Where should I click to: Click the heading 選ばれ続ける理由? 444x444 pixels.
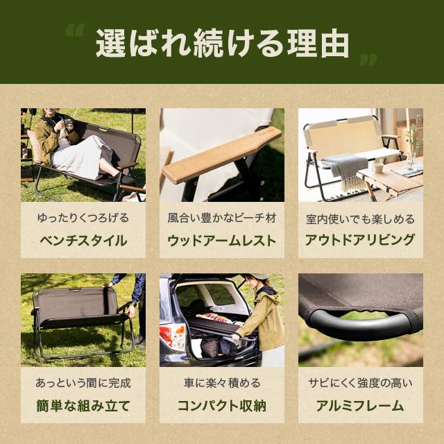click(x=222, y=43)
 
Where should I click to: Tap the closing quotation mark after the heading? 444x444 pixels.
click(x=368, y=60)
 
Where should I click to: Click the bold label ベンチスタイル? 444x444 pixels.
click(x=83, y=241)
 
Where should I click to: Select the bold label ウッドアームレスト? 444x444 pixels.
click(x=222, y=241)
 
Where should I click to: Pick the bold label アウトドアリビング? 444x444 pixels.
click(x=361, y=241)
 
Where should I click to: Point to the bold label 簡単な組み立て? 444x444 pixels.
click(x=83, y=406)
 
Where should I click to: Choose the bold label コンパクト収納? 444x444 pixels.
click(x=222, y=406)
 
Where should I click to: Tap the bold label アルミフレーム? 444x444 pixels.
click(x=361, y=406)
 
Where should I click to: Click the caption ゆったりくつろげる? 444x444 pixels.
click(x=83, y=218)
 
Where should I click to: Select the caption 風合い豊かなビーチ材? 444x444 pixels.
click(x=222, y=218)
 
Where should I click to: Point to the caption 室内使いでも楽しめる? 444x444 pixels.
click(x=361, y=219)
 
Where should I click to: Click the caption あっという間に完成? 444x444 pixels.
click(x=83, y=382)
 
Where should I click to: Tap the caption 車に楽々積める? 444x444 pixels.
click(x=222, y=382)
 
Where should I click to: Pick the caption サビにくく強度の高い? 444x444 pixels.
click(x=361, y=382)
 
